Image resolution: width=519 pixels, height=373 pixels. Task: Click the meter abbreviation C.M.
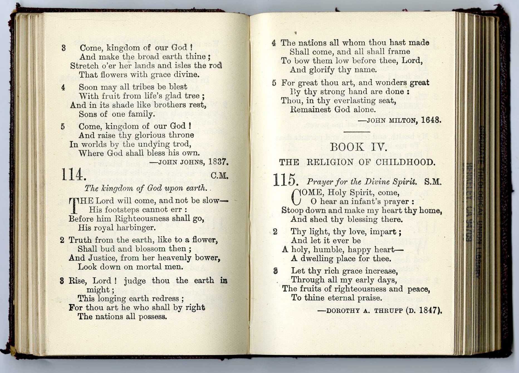pyautogui.click(x=219, y=176)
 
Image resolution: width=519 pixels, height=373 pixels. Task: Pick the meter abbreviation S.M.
pyautogui.click(x=433, y=182)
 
